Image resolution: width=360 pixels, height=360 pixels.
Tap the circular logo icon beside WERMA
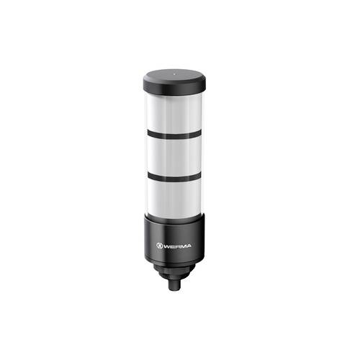(158, 246)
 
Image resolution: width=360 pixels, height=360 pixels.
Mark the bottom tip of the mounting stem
(175, 290)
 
